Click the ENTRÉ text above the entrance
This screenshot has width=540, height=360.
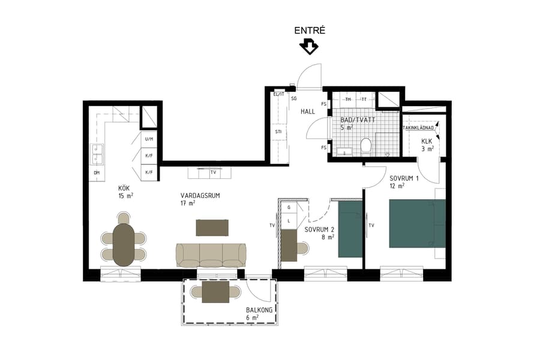(310, 30)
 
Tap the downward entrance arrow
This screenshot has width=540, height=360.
(310, 46)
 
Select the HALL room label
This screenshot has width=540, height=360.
(308, 112)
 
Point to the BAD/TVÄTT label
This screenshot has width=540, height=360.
(356, 120)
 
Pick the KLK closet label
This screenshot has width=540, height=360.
(427, 141)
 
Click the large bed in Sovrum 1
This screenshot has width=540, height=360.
(417, 223)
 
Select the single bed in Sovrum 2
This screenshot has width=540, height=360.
(350, 229)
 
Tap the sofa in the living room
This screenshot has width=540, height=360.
(211, 254)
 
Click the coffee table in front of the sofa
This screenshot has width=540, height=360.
(212, 227)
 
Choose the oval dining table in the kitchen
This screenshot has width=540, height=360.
(124, 244)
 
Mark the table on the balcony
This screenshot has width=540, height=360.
(215, 292)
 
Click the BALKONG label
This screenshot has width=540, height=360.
(259, 310)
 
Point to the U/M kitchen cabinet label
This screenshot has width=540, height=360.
(149, 139)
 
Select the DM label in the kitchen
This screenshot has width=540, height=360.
(96, 173)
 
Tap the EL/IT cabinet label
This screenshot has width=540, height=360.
(278, 94)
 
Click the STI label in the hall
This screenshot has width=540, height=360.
(278, 131)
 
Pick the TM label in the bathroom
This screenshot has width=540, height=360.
(347, 99)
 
